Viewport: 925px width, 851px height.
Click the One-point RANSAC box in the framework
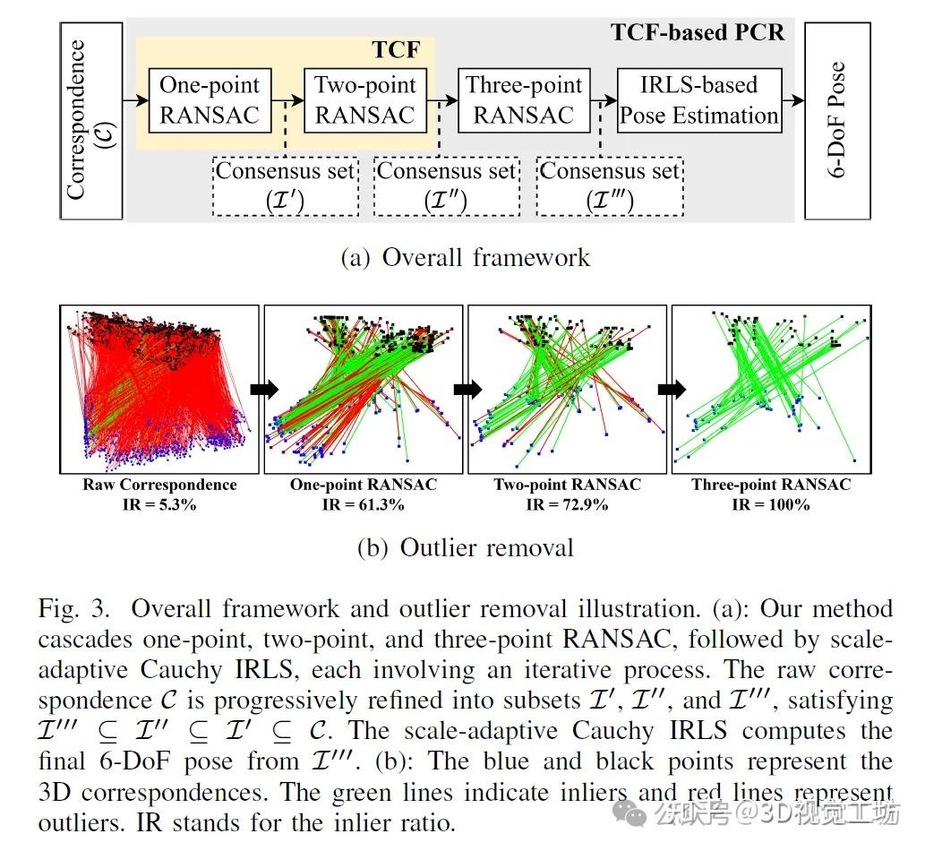209,100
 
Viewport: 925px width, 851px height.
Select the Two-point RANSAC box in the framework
364,100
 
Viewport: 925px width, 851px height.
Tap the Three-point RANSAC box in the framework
524,100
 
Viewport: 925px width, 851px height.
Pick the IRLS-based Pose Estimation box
699,100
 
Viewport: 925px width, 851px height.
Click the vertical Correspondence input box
90,121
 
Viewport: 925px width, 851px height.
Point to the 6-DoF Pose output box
837,121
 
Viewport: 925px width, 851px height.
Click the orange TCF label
395,49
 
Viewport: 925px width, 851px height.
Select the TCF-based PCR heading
698,33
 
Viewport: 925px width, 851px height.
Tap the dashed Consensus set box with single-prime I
286,185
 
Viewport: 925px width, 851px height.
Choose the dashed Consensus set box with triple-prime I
609,185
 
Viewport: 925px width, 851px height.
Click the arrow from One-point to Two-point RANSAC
287,100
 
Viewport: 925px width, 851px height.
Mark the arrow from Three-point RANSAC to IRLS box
604,100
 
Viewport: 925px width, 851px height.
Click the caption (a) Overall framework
466,258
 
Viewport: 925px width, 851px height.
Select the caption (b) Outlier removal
465,547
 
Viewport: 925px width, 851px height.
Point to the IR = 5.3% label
159,504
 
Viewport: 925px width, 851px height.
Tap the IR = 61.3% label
363,504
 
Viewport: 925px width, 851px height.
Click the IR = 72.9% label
567,504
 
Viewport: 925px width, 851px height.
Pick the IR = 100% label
770,504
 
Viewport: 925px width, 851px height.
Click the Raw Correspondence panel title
159,486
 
